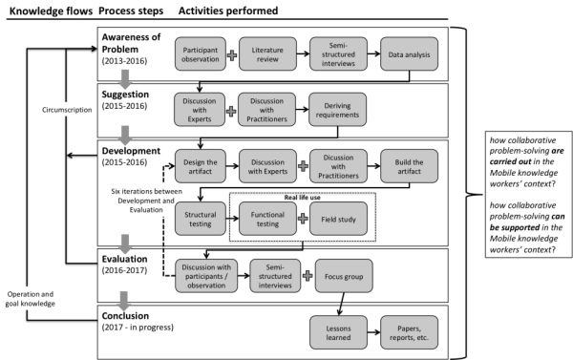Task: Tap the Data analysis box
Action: point(408,55)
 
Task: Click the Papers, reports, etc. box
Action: point(408,329)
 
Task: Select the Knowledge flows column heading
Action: point(44,9)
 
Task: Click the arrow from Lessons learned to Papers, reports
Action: point(373,329)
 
